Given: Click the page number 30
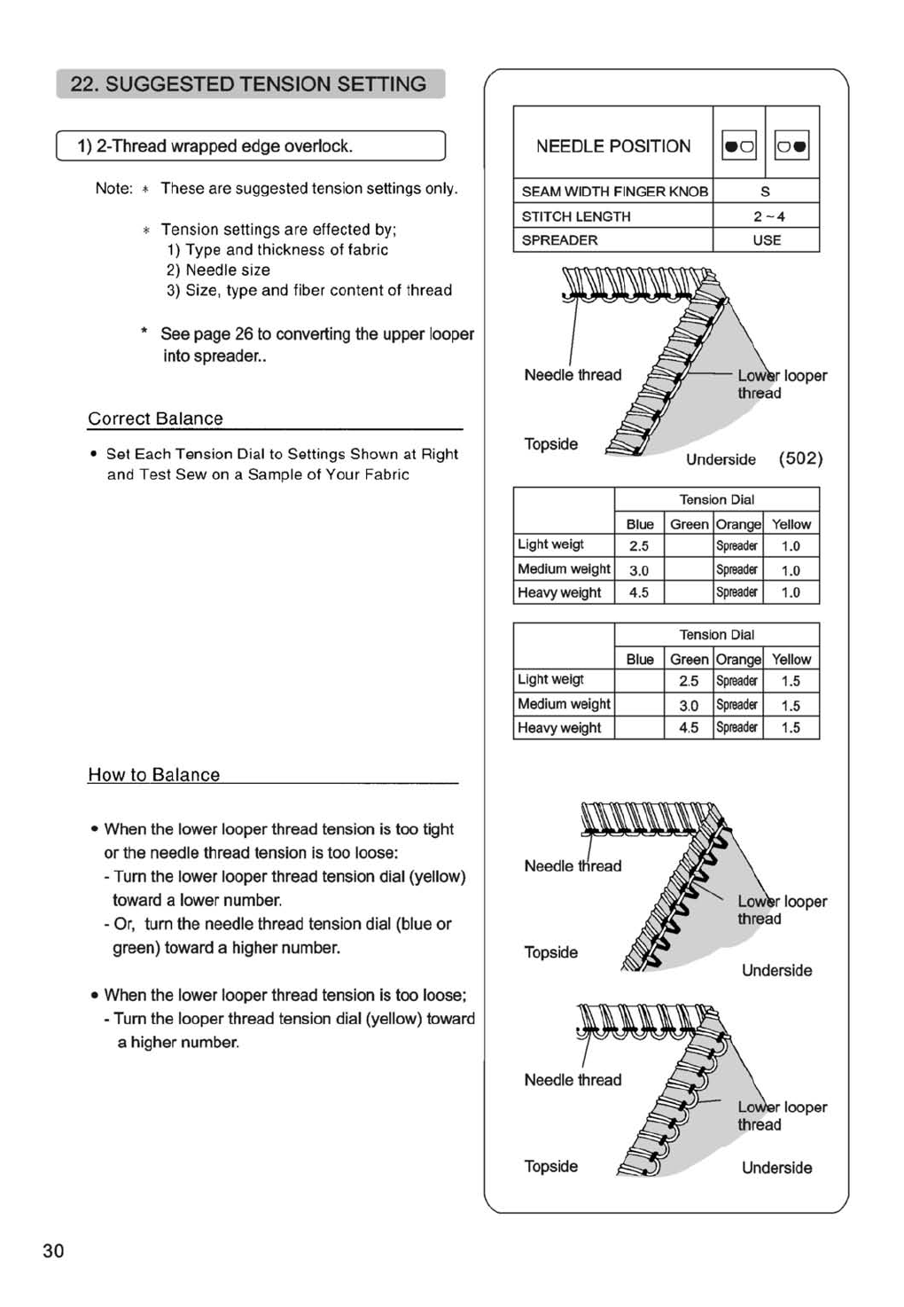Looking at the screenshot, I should pos(53,1250).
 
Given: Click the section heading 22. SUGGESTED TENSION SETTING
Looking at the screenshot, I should pos(249,84).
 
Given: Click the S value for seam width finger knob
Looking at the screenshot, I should pos(765,192).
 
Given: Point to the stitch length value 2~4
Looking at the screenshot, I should pos(768,216).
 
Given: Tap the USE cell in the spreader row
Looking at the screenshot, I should pos(767,240).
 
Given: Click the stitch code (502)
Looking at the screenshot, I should pos(800,458).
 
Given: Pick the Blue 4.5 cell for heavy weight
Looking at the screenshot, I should pos(639,592).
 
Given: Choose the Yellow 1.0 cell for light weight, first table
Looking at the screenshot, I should pos(791,546).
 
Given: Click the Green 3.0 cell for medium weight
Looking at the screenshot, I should pos(689,705).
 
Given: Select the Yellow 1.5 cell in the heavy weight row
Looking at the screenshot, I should pos(791,727).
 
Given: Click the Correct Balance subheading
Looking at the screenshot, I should pos(155,419).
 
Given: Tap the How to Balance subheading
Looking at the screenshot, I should pos(154,775).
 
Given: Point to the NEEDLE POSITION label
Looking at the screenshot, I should pos(613,146).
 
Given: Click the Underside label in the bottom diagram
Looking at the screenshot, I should pos(776,1168).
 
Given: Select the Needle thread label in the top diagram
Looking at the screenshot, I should pos(573,375).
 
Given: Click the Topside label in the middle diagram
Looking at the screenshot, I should pos(550,952).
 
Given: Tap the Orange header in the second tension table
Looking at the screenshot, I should pos(738,660).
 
